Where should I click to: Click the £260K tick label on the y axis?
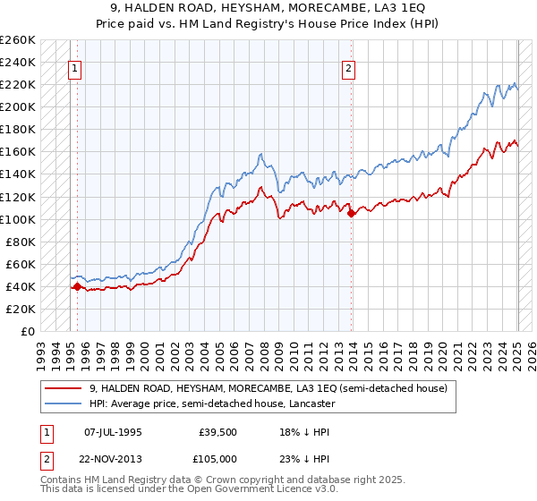pos(18,40)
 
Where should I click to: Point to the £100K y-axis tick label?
pos(18,219)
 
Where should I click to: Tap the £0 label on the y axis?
pos(29,331)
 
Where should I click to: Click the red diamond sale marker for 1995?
pos(77,286)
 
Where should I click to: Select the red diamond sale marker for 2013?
pos(351,213)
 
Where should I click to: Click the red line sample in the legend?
pos(64,388)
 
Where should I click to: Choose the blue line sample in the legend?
pos(64,404)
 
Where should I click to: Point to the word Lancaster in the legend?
pos(310,404)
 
